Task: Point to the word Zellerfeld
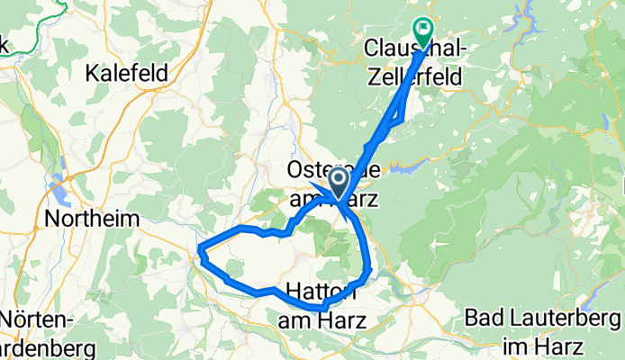point(414,78)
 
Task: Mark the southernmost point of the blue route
point(321,309)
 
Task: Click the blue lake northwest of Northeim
point(59,190)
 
